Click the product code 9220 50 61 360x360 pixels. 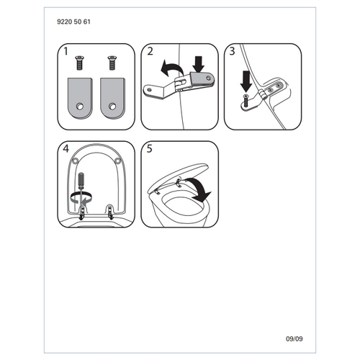click(73, 22)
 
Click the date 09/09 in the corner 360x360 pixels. click(294, 339)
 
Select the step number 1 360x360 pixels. click(66, 51)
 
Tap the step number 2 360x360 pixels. click(150, 51)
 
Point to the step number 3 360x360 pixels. click(232, 51)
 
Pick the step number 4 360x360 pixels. click(66, 149)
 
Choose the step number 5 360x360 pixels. click(149, 149)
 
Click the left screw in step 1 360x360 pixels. click(79, 63)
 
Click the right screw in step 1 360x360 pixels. click(112, 63)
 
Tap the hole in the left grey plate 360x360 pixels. click(79, 107)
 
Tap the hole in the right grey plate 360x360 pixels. click(112, 107)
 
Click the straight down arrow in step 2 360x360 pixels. click(199, 64)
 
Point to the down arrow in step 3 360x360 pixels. click(246, 81)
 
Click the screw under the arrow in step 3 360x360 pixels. click(246, 101)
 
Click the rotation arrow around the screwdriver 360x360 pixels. click(81, 197)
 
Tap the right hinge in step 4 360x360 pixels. click(110, 212)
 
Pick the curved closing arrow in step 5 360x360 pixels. click(199, 189)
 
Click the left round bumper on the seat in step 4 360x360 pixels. click(75, 161)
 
